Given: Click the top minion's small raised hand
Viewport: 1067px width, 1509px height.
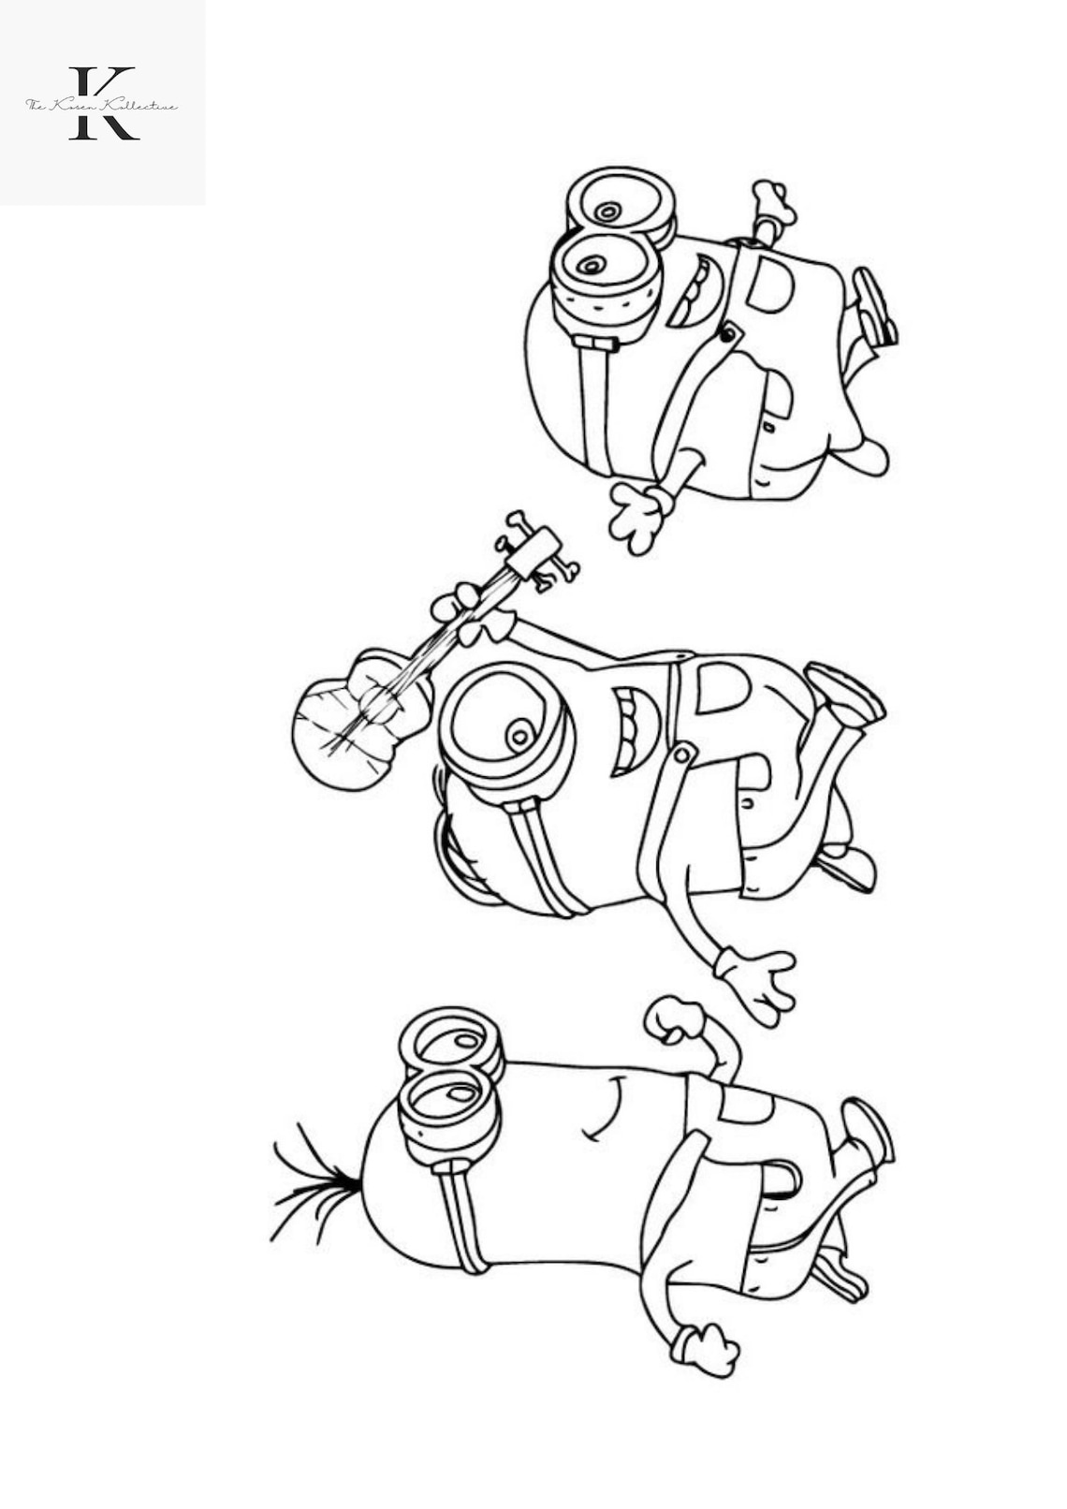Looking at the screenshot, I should pyautogui.click(x=773, y=201).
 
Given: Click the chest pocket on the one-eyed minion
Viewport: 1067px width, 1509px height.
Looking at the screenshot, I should pyautogui.click(x=722, y=688).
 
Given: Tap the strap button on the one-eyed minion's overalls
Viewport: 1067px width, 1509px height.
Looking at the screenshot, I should pyautogui.click(x=684, y=754).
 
